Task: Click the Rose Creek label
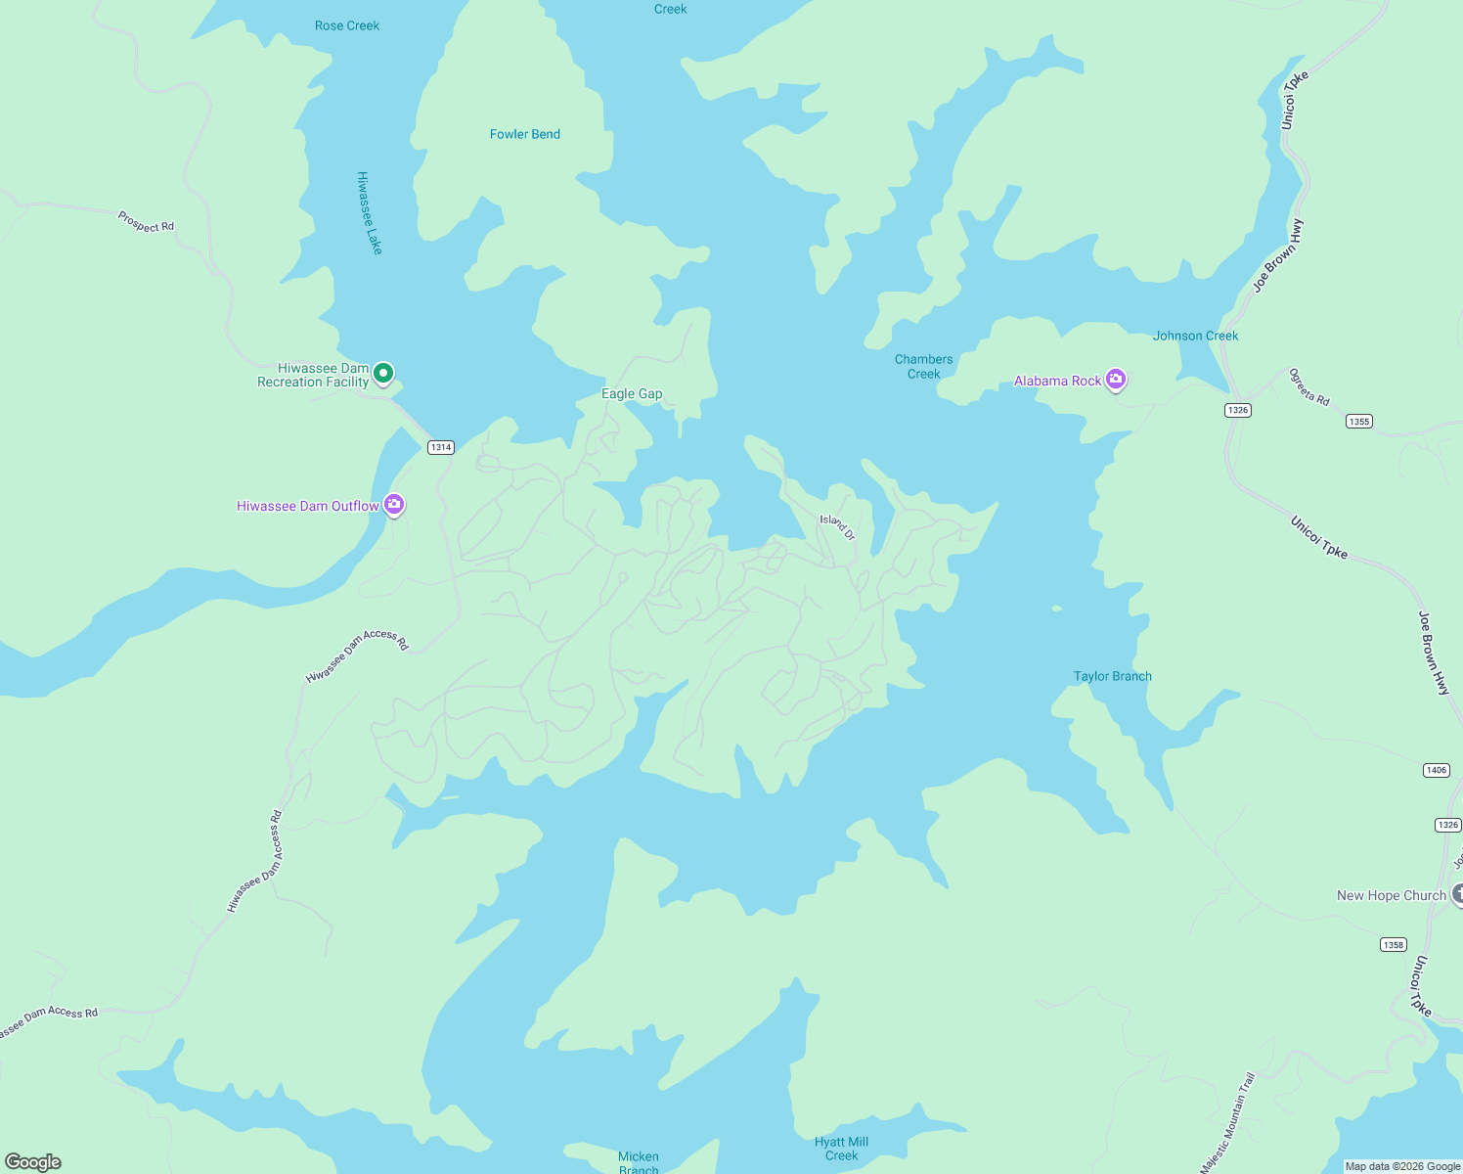347,25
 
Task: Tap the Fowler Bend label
525,134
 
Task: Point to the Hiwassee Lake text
369,213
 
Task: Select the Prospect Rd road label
146,221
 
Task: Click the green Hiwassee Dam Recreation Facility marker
383,373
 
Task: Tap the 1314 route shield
441,447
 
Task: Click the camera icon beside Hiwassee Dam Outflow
394,505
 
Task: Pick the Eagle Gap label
632,393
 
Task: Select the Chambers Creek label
923,366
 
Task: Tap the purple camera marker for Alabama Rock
1116,380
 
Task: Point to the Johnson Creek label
1195,336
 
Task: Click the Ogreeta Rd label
1309,386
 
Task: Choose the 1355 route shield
1358,422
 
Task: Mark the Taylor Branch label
1113,676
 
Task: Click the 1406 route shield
1436,770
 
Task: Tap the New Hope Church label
1391,895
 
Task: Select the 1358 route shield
1394,944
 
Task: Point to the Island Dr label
837,526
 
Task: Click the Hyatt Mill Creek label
841,1149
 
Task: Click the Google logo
33,1161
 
